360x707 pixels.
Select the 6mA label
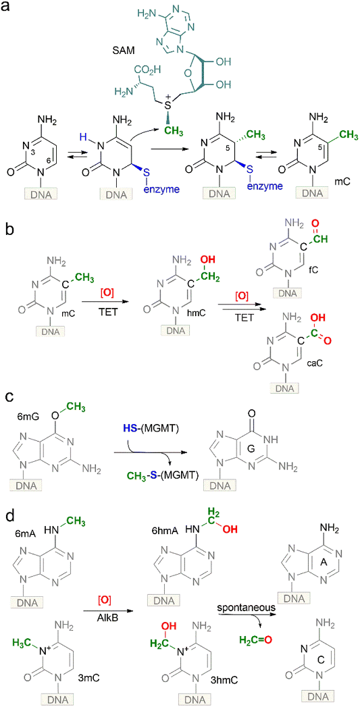(x=28, y=533)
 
